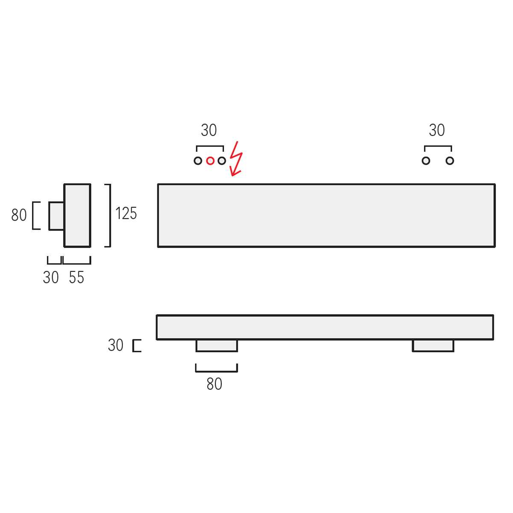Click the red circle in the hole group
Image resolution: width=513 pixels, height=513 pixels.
[x=210, y=161]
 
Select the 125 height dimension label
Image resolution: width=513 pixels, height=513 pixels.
[x=126, y=213]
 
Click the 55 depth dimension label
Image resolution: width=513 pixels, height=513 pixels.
[x=77, y=278]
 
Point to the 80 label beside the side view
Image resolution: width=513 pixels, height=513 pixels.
[x=19, y=215]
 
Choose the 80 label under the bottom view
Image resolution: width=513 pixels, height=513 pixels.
[x=214, y=384]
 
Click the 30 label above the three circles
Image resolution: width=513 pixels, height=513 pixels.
[x=209, y=130]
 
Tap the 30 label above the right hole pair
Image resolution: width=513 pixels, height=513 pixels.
[x=437, y=130]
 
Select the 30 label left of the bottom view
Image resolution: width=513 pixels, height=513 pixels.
[x=115, y=345]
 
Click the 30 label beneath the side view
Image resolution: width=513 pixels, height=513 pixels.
[x=51, y=278]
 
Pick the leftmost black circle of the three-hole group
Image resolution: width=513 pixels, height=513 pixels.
[x=198, y=161]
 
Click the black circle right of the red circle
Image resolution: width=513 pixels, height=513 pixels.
[x=221, y=161]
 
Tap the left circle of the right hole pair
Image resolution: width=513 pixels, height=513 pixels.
[x=426, y=161]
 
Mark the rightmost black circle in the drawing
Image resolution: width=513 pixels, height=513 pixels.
[x=450, y=161]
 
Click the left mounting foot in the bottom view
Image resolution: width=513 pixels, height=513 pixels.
[x=217, y=345]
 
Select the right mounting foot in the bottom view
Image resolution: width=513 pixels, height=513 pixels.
[x=433, y=345]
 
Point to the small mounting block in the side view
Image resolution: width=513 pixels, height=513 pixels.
[x=56, y=216]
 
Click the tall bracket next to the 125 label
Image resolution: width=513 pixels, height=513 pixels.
[x=109, y=215]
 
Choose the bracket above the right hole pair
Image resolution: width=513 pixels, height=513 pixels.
[x=438, y=147]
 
